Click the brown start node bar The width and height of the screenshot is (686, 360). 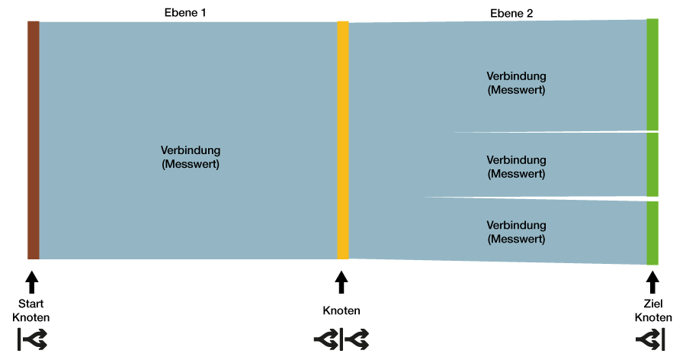click(34, 140)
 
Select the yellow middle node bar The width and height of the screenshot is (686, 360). click(343, 140)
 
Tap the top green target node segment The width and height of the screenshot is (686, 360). click(652, 75)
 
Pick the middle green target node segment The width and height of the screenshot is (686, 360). click(652, 165)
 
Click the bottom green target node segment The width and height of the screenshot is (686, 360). click(652, 233)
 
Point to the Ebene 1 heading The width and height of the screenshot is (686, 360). click(185, 13)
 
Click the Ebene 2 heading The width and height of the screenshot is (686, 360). click(511, 14)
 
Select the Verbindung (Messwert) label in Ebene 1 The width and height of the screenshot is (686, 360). click(191, 157)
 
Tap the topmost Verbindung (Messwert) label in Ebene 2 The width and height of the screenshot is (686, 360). click(516, 83)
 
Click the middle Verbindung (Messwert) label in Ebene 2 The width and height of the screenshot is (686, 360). click(516, 167)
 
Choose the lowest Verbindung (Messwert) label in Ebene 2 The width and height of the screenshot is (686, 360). click(516, 232)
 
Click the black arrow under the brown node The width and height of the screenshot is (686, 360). click(31, 282)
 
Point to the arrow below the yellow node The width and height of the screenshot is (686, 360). click(341, 282)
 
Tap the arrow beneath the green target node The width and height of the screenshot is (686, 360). click(652, 282)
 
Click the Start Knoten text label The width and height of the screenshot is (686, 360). click(31, 310)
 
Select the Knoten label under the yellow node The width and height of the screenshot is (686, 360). click(341, 310)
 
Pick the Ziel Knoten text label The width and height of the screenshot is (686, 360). click(653, 310)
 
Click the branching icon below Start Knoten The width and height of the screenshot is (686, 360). click(32, 339)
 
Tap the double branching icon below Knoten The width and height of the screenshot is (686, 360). click(341, 339)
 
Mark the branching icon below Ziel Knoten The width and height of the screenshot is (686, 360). click(650, 339)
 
